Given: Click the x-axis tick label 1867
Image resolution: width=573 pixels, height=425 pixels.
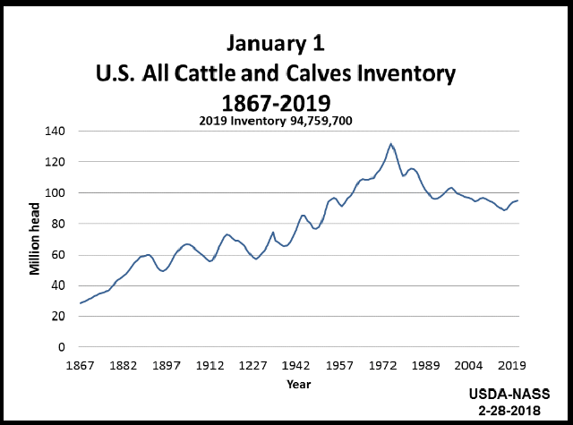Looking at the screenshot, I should pyautogui.click(x=80, y=366).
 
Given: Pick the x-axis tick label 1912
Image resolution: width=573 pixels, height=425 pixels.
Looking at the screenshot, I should pyautogui.click(x=210, y=366).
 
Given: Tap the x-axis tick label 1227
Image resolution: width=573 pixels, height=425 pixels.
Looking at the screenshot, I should pyautogui.click(x=253, y=366).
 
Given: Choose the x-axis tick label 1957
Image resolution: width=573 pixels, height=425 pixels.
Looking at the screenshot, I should pyautogui.click(x=340, y=366).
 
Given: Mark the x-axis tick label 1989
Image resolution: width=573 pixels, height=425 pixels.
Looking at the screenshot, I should pyautogui.click(x=426, y=366).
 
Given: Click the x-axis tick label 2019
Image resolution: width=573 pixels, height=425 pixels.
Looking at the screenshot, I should pyautogui.click(x=512, y=366).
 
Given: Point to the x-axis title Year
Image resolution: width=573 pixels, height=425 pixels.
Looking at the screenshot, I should pyautogui.click(x=298, y=384).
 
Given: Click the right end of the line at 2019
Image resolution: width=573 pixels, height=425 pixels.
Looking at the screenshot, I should pyautogui.click(x=517, y=200).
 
